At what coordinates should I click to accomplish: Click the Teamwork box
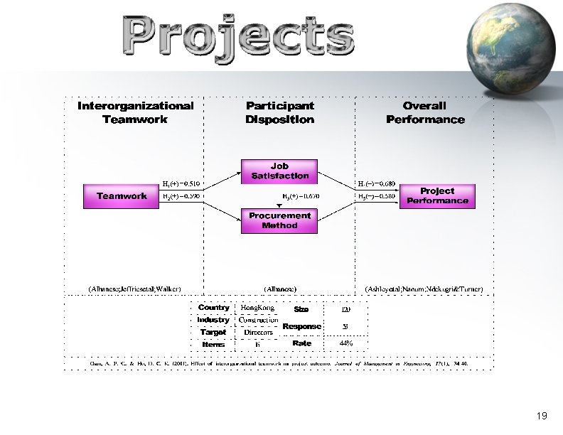coord(122,196)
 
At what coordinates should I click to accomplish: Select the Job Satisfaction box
coord(280,171)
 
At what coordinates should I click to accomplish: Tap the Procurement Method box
coord(279,220)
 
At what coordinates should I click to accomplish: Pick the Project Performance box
coord(437,196)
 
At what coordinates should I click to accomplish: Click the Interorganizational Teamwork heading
coord(135,112)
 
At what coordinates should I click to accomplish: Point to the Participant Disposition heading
coord(279,112)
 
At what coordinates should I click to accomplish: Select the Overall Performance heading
coord(425,112)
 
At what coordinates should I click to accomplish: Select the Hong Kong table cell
coord(258,308)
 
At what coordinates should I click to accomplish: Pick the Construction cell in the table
coord(258,320)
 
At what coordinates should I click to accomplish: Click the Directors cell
coord(258,332)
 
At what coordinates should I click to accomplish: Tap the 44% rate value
coord(345,343)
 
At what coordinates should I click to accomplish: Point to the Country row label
coord(213,308)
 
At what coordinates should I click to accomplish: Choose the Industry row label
coord(213,320)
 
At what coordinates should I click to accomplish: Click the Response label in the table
coord(301,326)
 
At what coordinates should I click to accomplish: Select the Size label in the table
coord(301,309)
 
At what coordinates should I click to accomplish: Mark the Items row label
coord(213,344)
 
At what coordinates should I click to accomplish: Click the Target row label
coord(213,332)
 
